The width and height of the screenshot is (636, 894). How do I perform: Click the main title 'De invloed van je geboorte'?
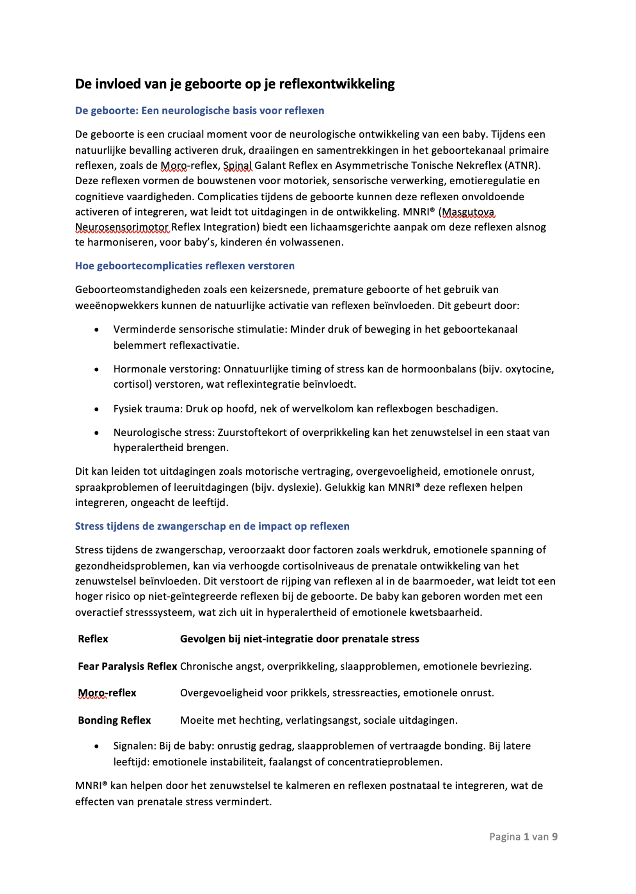(235, 84)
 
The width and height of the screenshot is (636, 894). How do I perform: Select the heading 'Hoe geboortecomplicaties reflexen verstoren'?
(185, 266)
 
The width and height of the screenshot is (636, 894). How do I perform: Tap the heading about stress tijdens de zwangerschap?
(212, 526)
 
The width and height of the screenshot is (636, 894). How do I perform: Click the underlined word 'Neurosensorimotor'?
(122, 228)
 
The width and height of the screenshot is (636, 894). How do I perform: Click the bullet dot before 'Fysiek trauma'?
(96, 410)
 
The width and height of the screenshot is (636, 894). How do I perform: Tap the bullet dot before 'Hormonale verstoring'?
(96, 369)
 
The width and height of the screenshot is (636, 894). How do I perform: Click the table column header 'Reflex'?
(93, 639)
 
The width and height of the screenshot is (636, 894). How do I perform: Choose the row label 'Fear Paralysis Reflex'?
(127, 666)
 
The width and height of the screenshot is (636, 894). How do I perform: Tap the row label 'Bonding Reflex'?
(114, 720)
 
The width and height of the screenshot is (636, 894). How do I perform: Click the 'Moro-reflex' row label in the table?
(107, 693)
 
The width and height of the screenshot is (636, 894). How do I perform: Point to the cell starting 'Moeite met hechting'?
(318, 720)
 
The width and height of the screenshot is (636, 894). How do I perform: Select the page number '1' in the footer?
(526, 837)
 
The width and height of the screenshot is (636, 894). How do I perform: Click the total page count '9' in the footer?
(554, 837)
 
